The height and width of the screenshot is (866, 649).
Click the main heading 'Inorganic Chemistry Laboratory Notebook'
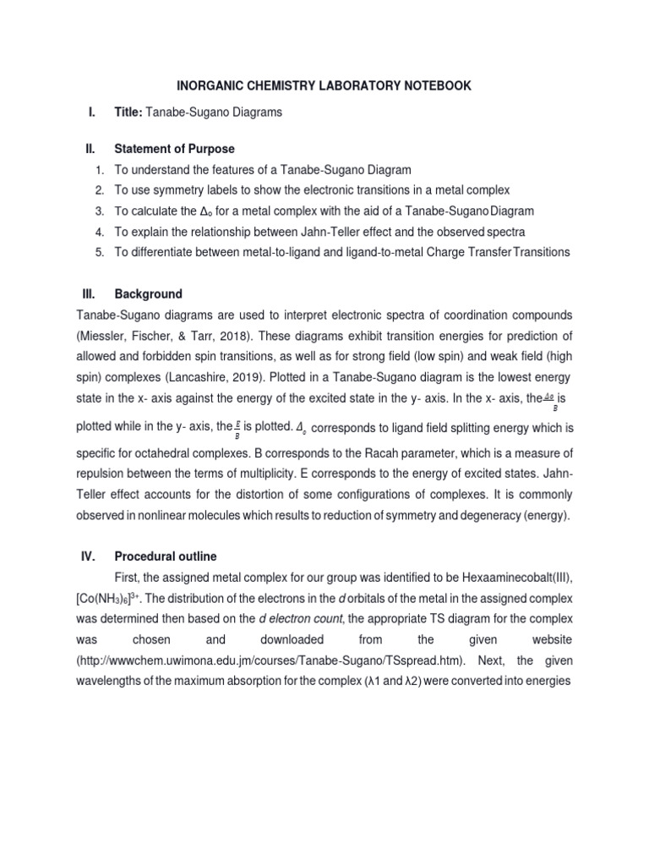pyautogui.click(x=324, y=85)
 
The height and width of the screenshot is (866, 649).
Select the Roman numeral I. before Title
pyautogui.click(x=90, y=112)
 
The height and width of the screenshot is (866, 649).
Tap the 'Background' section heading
pyautogui.click(x=149, y=293)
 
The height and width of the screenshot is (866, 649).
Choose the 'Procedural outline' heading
pyautogui.click(x=166, y=556)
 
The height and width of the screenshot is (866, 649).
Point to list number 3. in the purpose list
pyautogui.click(x=99, y=210)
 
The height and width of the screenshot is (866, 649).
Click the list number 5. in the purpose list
pyautogui.click(x=99, y=251)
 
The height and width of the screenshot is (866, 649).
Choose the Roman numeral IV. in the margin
pyautogui.click(x=90, y=556)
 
